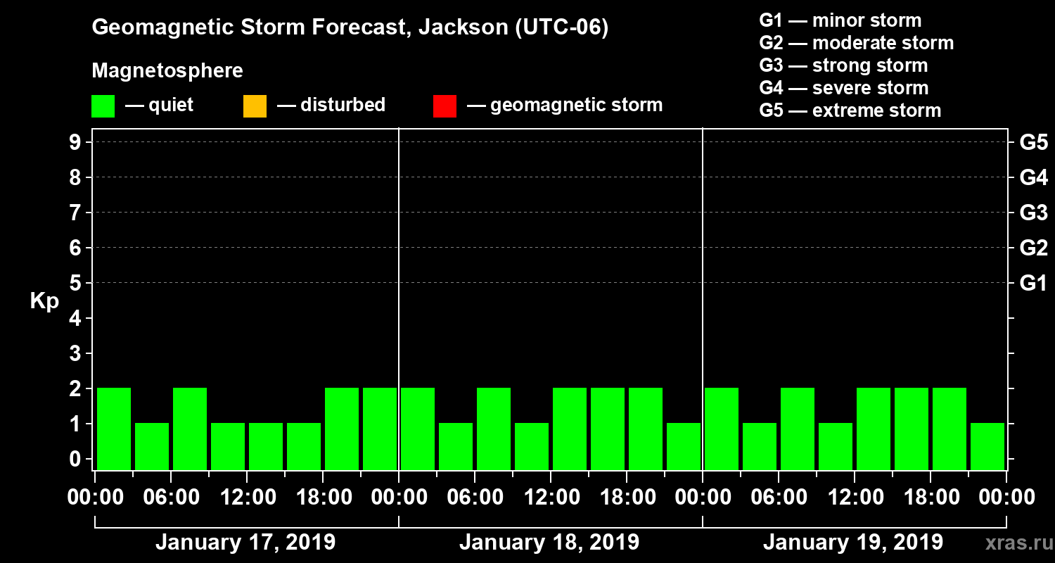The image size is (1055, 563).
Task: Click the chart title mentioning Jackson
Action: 350,28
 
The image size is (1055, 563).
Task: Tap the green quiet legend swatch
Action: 103,106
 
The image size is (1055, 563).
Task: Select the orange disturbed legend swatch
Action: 255,106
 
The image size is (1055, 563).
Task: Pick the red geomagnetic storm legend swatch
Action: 445,106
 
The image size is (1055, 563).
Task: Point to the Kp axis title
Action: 44,301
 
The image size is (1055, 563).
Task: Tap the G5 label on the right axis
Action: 1033,143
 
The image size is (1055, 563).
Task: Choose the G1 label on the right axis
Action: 1033,284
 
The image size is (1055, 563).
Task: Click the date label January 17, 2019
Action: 245,543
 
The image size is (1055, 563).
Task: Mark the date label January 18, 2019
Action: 549,543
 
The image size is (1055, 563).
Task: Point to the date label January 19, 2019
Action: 853,543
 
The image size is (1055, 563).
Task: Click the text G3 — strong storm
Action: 843,65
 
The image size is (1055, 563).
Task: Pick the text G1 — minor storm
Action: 840,20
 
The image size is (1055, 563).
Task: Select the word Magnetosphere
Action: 167,71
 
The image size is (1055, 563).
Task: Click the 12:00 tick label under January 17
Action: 247,498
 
